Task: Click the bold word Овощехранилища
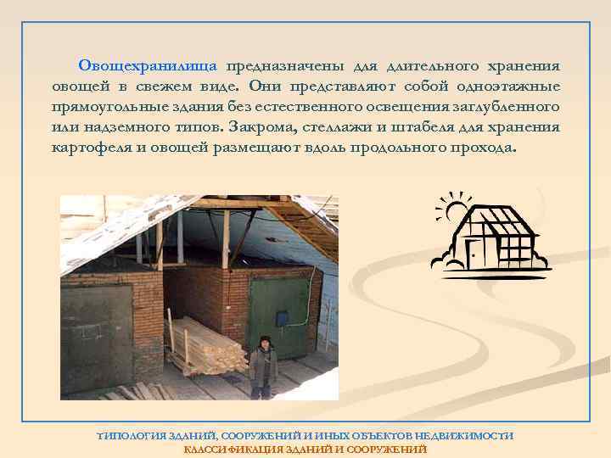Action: tap(148, 66)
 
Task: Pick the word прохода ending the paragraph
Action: tap(484, 147)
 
